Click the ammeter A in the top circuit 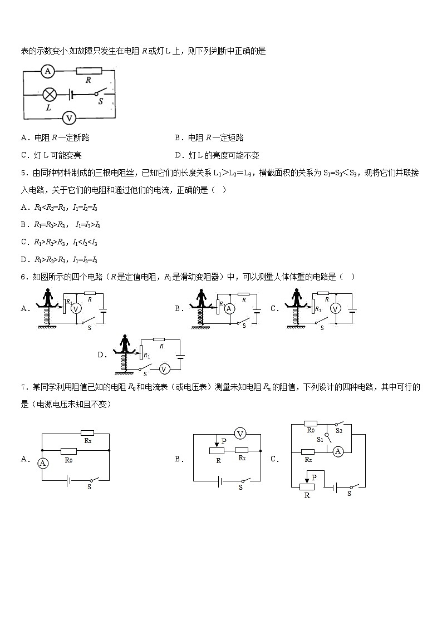tap(47, 71)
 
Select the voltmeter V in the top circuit tap(69, 117)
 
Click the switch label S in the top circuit tap(100, 102)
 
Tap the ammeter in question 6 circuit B tap(228, 309)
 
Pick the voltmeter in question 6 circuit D tap(164, 368)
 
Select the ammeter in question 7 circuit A tap(42, 462)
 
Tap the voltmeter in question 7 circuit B tap(240, 434)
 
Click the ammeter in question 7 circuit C tap(337, 452)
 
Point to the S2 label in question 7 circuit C tap(339, 430)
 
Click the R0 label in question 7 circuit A tap(69, 460)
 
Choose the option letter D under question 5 tap(24, 259)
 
